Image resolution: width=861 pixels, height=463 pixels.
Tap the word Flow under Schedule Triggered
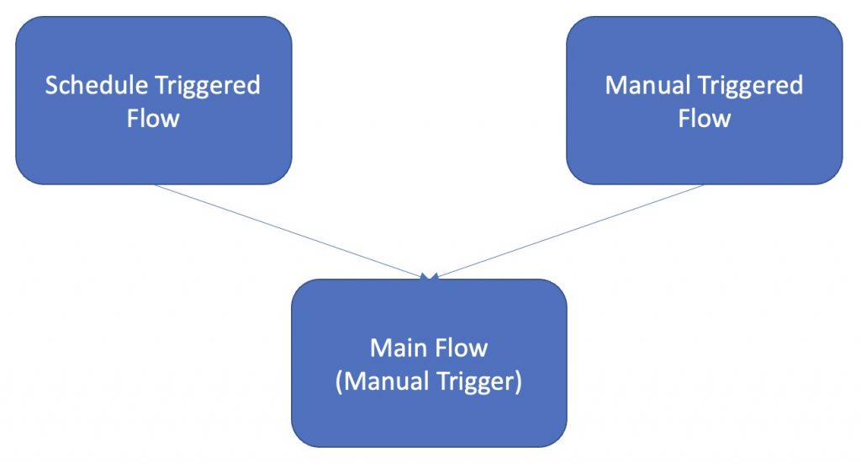(153, 118)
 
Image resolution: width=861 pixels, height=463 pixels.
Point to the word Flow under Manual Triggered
(704, 118)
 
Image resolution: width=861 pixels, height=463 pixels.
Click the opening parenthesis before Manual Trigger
(339, 381)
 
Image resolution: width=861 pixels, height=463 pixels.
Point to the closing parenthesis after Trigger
(519, 381)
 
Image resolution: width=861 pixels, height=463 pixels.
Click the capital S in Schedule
(51, 86)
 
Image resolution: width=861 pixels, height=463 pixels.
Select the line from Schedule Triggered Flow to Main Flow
(286, 230)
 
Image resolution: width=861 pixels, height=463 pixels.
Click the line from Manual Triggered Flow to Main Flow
(572, 230)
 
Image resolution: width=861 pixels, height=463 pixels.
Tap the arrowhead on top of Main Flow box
(430, 275)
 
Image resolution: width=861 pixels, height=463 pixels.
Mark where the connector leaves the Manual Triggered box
(703, 185)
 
